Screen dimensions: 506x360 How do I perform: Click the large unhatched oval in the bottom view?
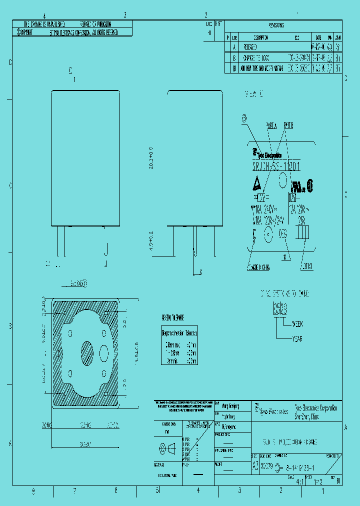104,353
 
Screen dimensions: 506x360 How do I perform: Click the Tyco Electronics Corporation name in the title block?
315,408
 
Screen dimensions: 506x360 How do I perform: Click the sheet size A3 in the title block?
255,465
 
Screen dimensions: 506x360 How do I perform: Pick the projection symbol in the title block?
166,448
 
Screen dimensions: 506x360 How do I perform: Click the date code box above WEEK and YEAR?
278,306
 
